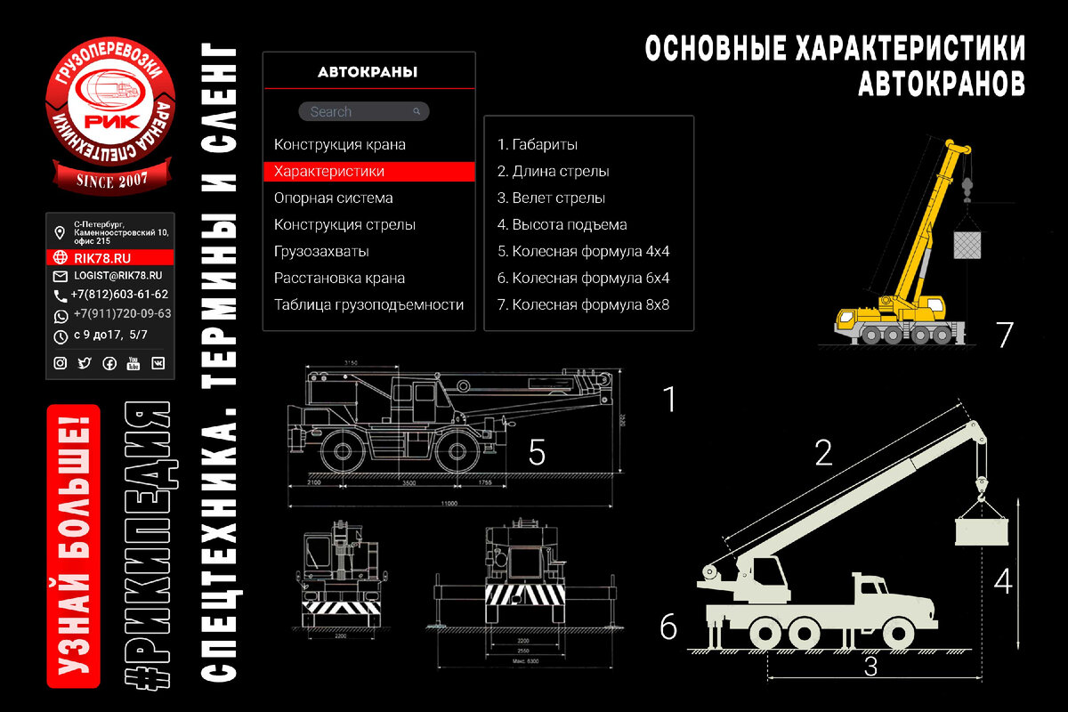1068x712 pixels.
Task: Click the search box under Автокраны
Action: coord(363,111)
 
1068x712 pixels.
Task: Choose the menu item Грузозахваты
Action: coord(321,251)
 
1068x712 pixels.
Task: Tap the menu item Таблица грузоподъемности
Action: coord(368,304)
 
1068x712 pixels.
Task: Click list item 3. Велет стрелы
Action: coord(552,198)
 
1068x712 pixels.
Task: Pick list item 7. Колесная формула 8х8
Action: coord(583,304)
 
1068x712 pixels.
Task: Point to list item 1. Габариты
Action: coord(538,144)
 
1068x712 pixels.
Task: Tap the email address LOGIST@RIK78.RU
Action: coord(117,276)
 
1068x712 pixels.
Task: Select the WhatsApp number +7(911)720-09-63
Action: coord(123,314)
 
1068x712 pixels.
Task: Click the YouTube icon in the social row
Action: coord(133,363)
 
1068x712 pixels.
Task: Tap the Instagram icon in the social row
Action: coord(61,363)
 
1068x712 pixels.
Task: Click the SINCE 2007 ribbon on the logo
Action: coord(110,181)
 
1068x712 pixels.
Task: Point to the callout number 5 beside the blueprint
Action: coord(536,452)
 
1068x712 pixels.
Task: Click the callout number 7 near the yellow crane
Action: coord(1004,335)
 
